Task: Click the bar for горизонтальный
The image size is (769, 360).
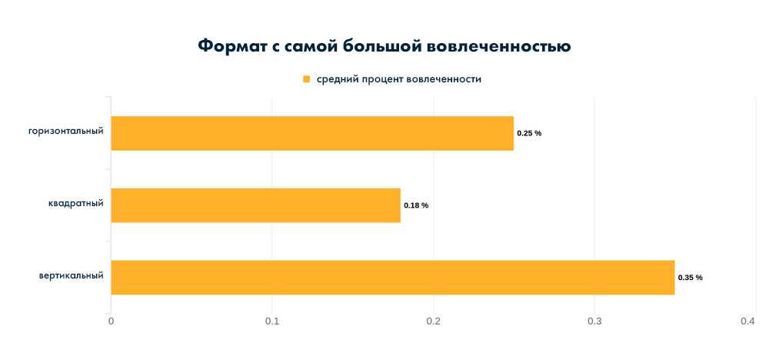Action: coord(312,133)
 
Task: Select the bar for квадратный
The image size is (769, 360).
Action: coord(255,205)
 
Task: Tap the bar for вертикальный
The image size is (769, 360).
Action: coord(392,277)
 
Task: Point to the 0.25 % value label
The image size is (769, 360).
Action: coord(529,134)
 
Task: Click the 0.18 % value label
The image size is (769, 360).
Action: coord(416,205)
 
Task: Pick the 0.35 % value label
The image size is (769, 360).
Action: coord(690,278)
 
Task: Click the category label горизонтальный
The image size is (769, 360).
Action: coord(66,131)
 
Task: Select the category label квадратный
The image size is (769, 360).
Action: coord(75,203)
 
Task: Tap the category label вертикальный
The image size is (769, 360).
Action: coord(72,275)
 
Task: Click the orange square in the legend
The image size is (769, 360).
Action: coord(306,79)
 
